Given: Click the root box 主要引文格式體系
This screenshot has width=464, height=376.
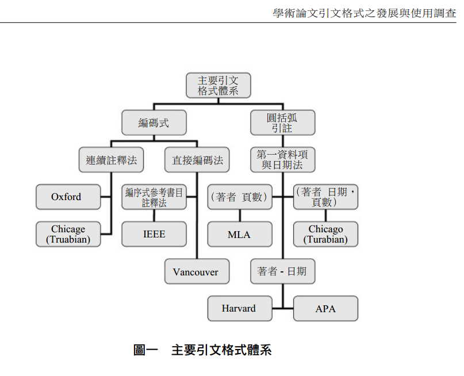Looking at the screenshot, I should [x=218, y=85].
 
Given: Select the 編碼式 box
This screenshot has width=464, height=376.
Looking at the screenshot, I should [x=154, y=122].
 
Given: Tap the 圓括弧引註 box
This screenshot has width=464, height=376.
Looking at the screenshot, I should [x=282, y=122].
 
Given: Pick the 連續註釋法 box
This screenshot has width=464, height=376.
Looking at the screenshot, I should [x=111, y=160].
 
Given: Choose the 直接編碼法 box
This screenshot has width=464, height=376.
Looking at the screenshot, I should [x=197, y=160].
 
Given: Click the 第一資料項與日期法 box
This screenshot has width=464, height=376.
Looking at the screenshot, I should [x=282, y=160].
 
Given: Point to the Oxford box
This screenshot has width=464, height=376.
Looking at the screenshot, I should [x=67, y=197].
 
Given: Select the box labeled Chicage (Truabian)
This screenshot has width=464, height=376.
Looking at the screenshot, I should [x=68, y=234].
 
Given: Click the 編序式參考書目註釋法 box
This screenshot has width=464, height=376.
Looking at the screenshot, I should [x=154, y=197].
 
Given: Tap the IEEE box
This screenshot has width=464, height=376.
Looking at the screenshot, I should [x=154, y=234].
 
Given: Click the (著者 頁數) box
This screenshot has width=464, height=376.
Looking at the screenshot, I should [x=239, y=197].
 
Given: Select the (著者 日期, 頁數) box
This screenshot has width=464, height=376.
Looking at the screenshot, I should [x=325, y=197].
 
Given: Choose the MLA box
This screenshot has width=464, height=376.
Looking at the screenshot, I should [x=239, y=234].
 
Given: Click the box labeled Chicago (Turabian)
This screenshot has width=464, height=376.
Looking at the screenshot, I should [x=325, y=234].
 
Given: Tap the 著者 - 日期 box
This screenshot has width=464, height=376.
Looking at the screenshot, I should [x=282, y=271].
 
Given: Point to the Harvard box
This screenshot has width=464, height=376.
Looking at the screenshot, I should [x=239, y=309].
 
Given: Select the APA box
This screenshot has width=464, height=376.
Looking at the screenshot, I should [x=325, y=309].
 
